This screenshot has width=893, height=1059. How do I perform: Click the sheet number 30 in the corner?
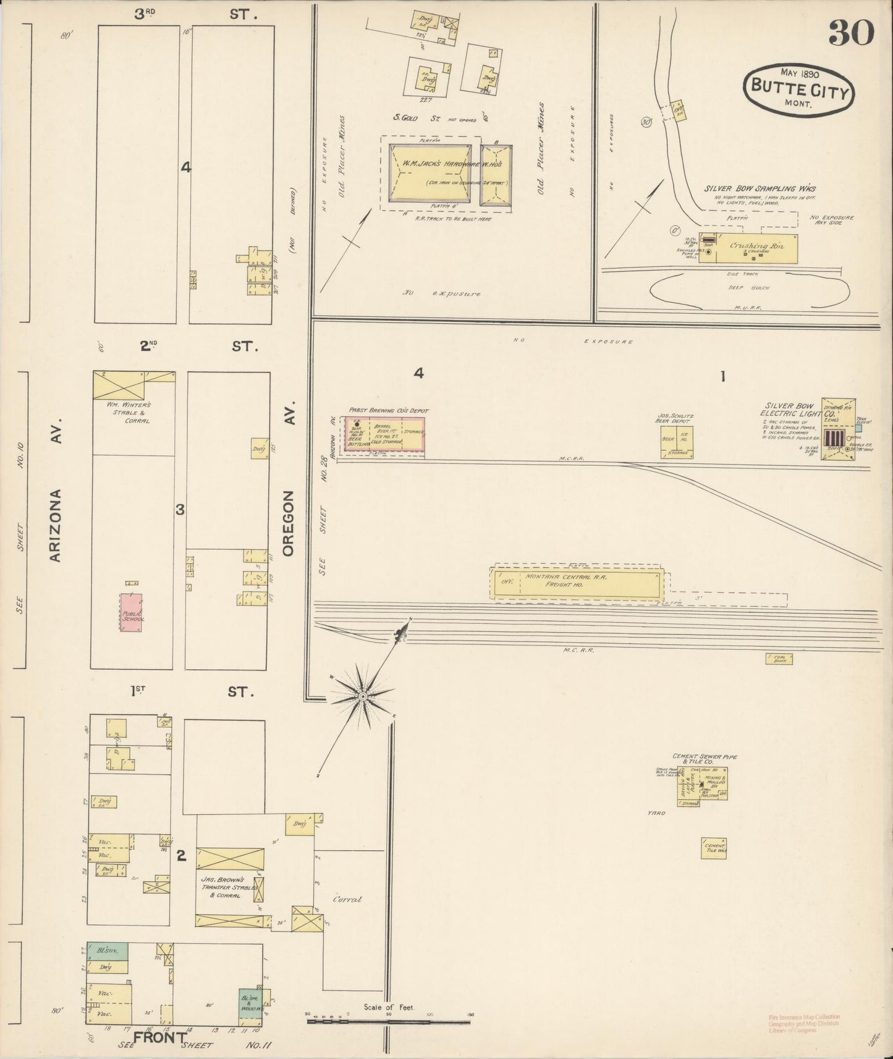click(851, 32)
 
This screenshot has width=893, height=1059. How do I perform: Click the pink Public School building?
click(131, 612)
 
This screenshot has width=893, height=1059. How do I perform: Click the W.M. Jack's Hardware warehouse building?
click(430, 173)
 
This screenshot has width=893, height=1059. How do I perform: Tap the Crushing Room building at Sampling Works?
click(755, 248)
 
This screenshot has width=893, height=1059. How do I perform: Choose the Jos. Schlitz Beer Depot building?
click(676, 441)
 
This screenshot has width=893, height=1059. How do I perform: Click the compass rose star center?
click(363, 697)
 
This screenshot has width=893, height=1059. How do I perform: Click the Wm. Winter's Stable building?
click(119, 385)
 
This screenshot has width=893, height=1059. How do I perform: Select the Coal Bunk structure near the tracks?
click(779, 659)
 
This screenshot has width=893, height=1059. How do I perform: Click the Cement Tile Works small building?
click(714, 848)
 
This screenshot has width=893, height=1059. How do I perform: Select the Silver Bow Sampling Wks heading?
click(760, 188)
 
